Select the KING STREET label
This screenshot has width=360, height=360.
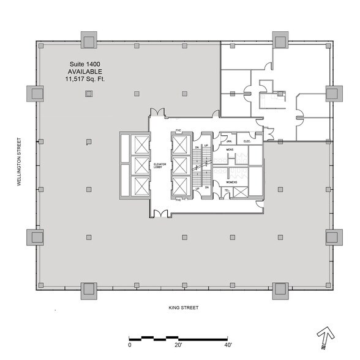184,307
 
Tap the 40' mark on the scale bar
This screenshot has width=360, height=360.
227,346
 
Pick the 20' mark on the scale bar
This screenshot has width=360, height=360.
178,346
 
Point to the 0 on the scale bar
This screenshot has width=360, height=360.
129,346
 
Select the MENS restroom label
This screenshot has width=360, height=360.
231,149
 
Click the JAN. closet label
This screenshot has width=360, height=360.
225,141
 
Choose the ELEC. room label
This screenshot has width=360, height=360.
247,141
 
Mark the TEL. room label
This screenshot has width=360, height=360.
226,190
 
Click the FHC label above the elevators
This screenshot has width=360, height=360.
178,130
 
